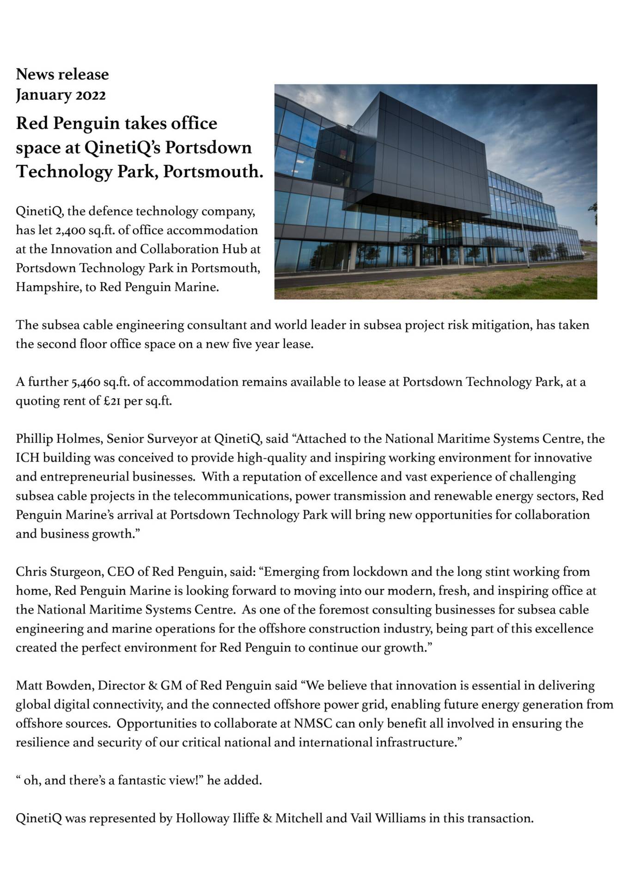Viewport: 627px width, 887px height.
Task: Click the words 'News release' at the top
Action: (x=62, y=74)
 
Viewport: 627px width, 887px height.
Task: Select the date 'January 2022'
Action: (x=61, y=95)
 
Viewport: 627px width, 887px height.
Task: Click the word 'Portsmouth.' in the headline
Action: (x=213, y=172)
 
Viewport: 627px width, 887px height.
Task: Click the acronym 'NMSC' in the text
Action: (x=313, y=723)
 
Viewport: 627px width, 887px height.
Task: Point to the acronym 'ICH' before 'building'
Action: (x=27, y=458)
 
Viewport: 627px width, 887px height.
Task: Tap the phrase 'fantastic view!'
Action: (x=161, y=780)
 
